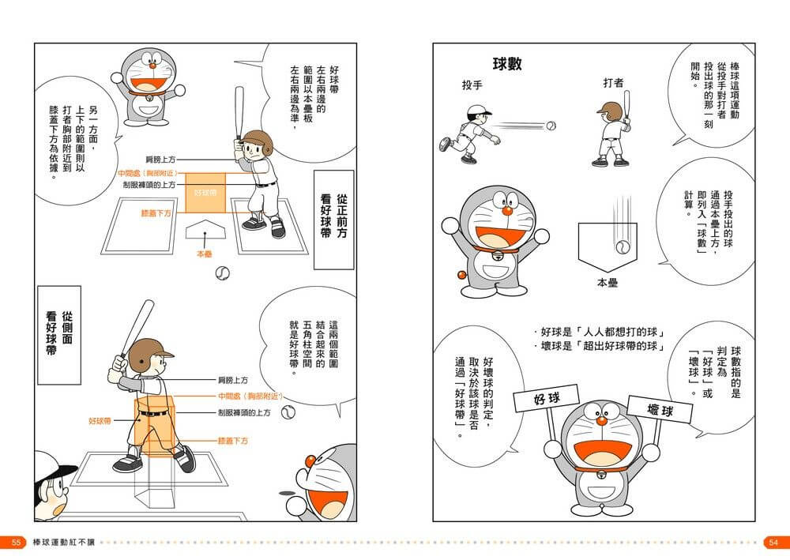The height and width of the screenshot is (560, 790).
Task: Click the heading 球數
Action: point(506,64)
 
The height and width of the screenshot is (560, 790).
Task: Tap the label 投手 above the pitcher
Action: point(472,85)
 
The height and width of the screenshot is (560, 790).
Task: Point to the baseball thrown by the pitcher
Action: point(551,126)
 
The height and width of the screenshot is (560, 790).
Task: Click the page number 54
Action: point(773,543)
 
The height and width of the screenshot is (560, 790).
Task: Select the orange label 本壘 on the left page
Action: point(205,254)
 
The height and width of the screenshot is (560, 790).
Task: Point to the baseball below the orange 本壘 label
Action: point(223,273)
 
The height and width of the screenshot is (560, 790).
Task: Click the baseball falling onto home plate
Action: point(623,246)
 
